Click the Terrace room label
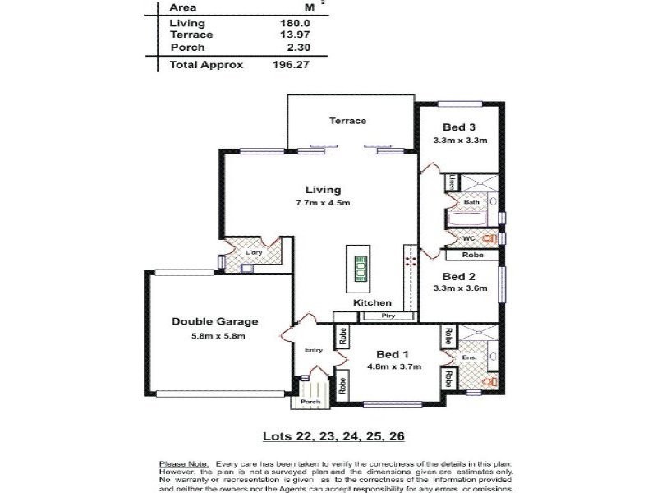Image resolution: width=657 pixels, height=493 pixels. point(347,121)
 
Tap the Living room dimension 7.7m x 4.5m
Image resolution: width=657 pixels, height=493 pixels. point(323,203)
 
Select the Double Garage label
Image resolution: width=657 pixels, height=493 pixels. point(215,322)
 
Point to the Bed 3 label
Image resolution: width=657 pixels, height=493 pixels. point(459,127)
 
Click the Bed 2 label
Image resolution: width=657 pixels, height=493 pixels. point(459,276)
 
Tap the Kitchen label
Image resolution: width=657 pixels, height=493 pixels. point(372,303)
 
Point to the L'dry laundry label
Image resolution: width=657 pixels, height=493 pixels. point(253,253)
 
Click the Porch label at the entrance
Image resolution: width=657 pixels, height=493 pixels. point(310,403)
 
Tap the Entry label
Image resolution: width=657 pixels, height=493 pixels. point(314,351)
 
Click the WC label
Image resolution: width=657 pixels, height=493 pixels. point(469,238)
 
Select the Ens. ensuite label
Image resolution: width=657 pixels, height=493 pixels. point(469,358)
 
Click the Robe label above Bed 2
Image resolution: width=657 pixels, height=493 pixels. point(460,256)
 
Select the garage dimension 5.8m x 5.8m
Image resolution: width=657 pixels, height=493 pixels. point(215,336)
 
